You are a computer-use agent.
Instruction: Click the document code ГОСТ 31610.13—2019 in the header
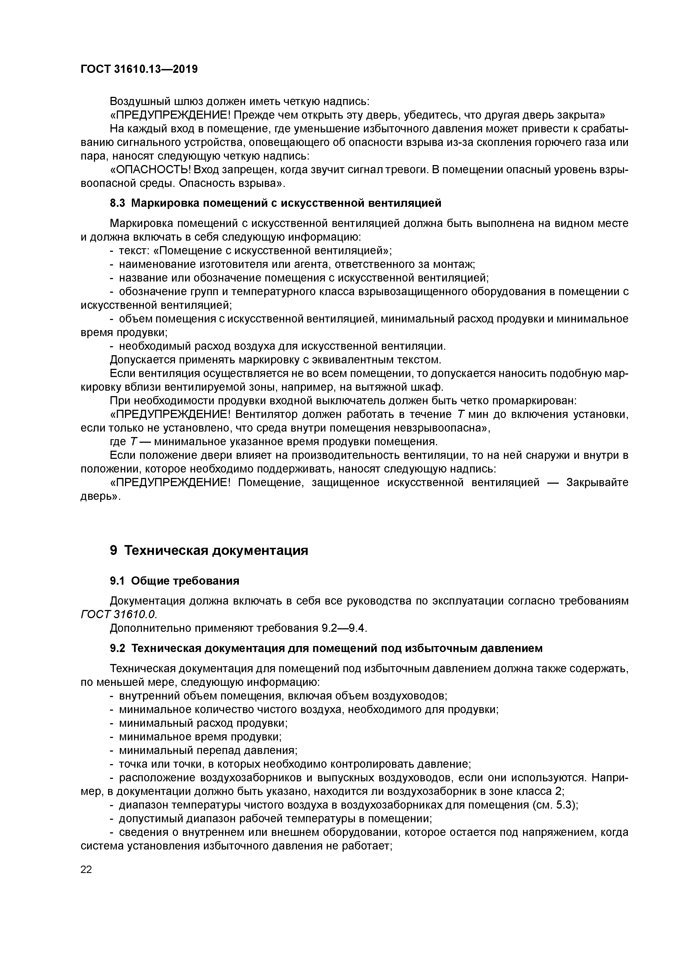click(139, 69)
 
